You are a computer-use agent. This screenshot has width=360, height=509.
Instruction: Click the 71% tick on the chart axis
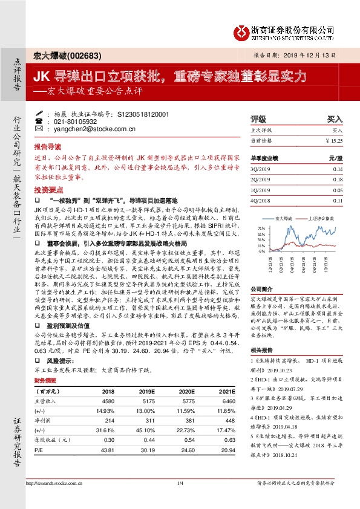click(262, 229)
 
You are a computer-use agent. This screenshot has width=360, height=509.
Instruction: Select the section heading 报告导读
click(47, 147)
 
